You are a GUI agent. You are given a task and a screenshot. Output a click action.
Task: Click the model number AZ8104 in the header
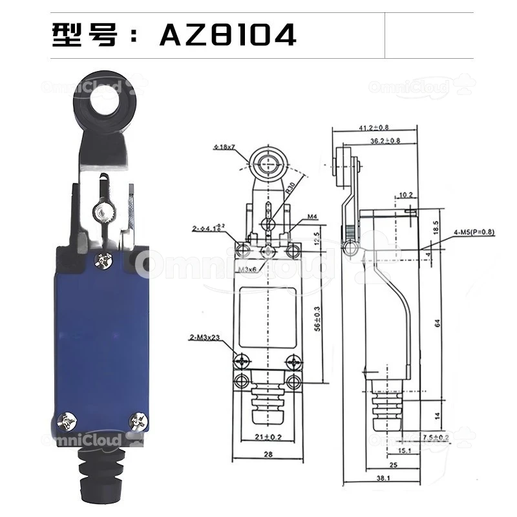pos(227,35)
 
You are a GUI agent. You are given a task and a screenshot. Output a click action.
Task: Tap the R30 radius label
pos(291,188)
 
